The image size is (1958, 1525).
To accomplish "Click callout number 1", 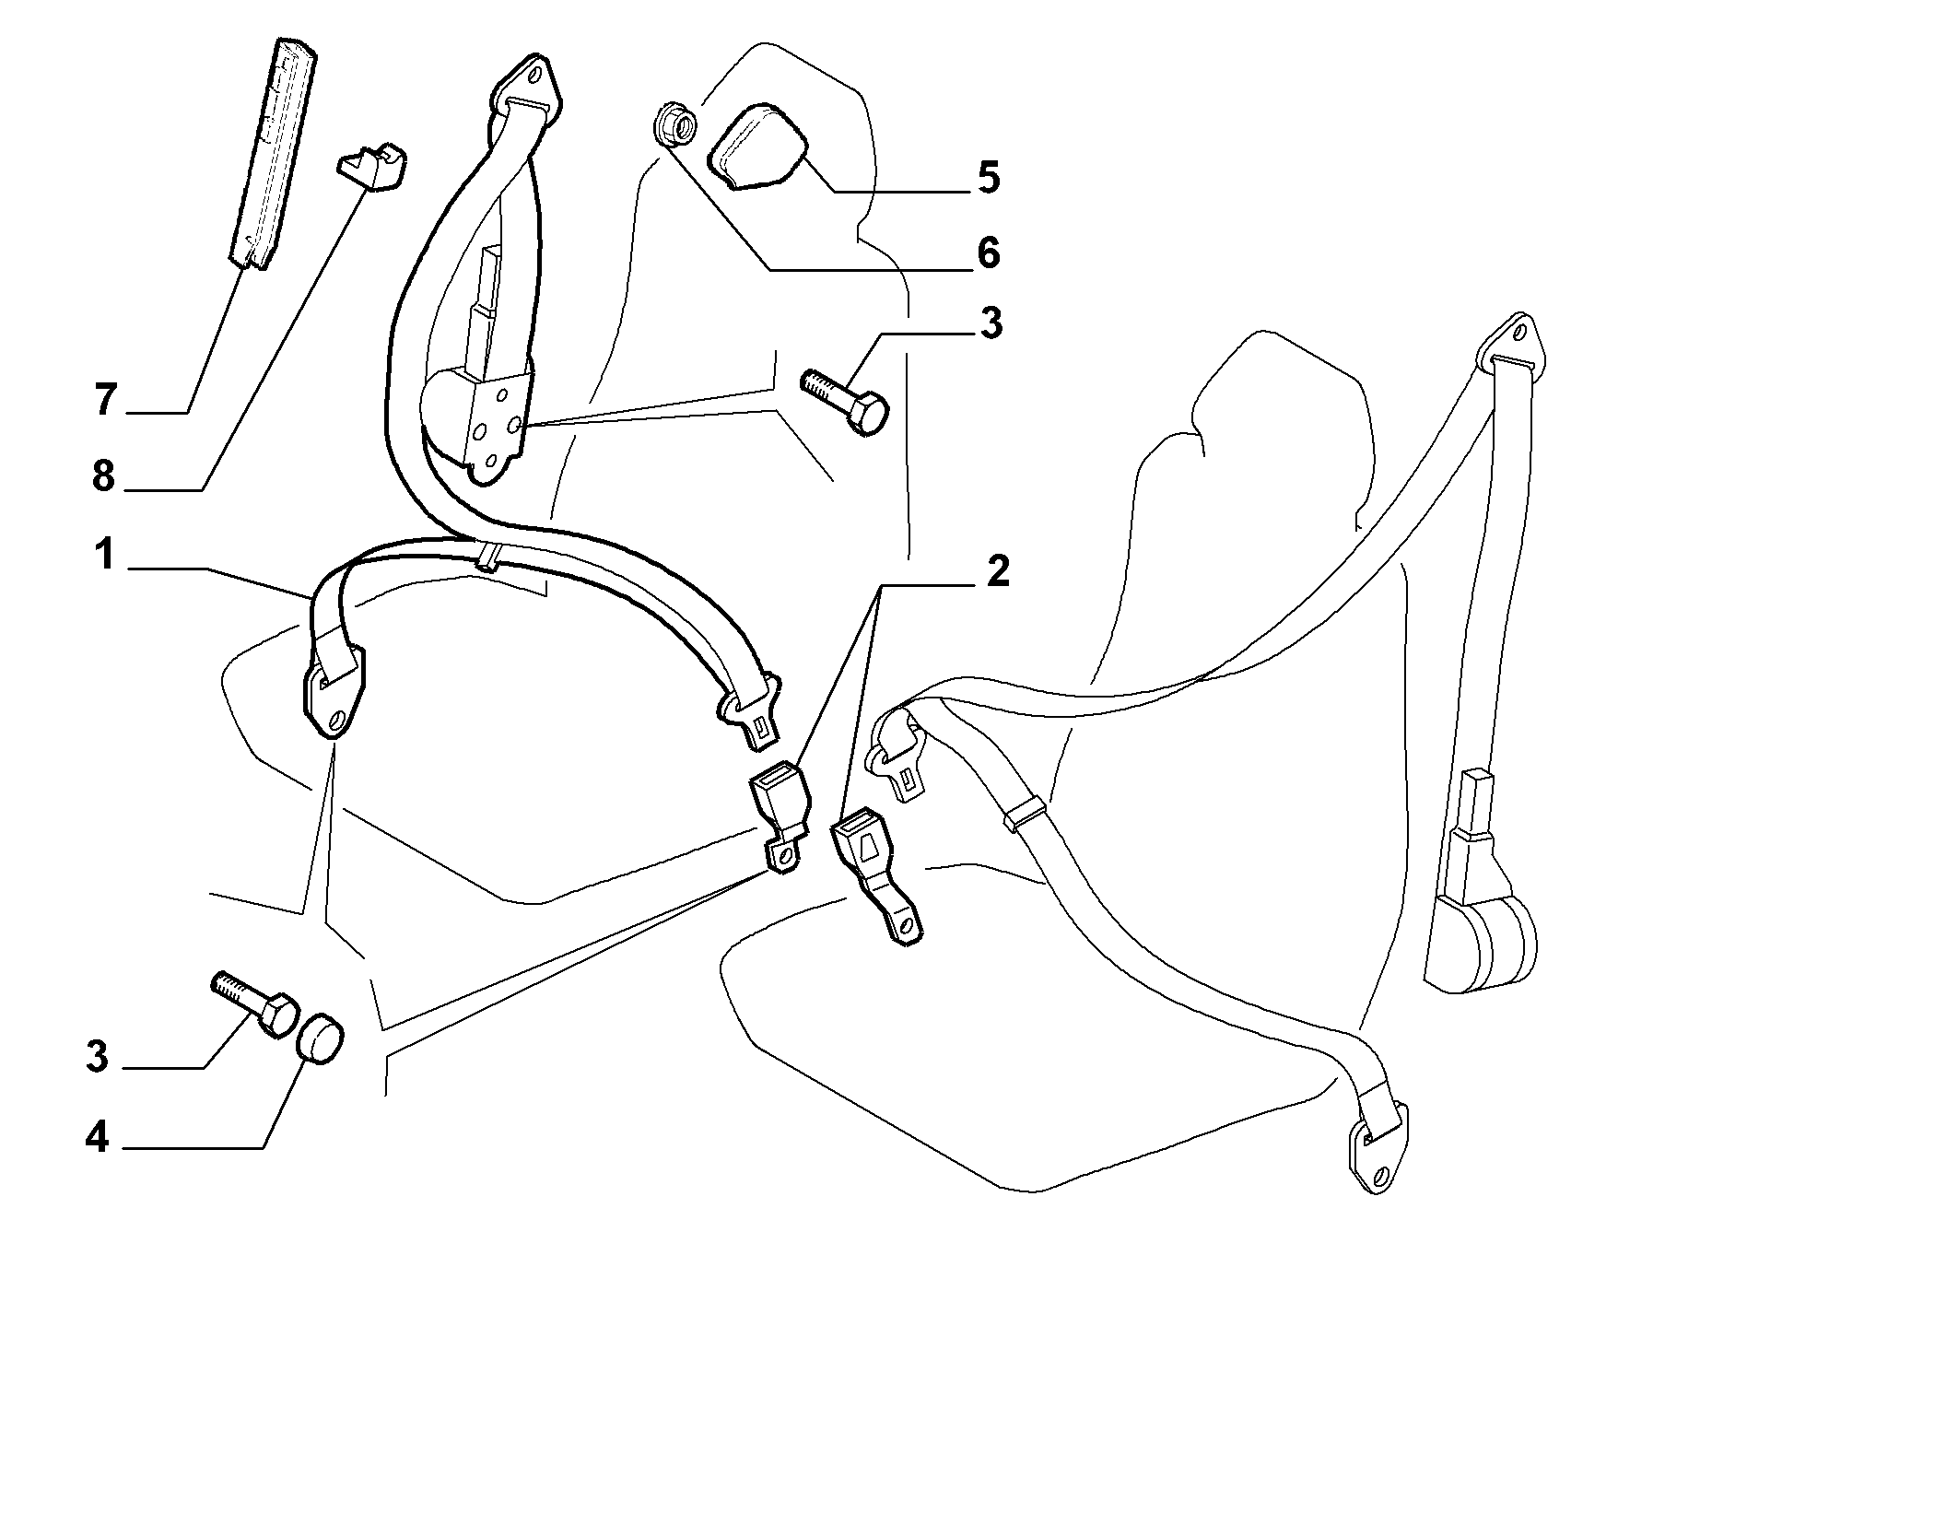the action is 103,556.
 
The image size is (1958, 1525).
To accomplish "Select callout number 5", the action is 988,177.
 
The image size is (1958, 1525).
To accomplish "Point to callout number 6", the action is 988,252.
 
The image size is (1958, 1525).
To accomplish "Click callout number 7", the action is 105,401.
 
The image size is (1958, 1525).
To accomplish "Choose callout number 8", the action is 103,476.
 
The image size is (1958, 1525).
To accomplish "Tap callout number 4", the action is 97,1139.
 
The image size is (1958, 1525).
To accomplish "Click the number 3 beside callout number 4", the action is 97,1057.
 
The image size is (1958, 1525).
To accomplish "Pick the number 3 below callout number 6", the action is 991,323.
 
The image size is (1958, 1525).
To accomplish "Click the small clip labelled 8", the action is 373,168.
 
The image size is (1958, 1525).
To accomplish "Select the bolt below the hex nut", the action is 846,403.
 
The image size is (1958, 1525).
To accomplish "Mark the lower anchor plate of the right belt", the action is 1378,1151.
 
